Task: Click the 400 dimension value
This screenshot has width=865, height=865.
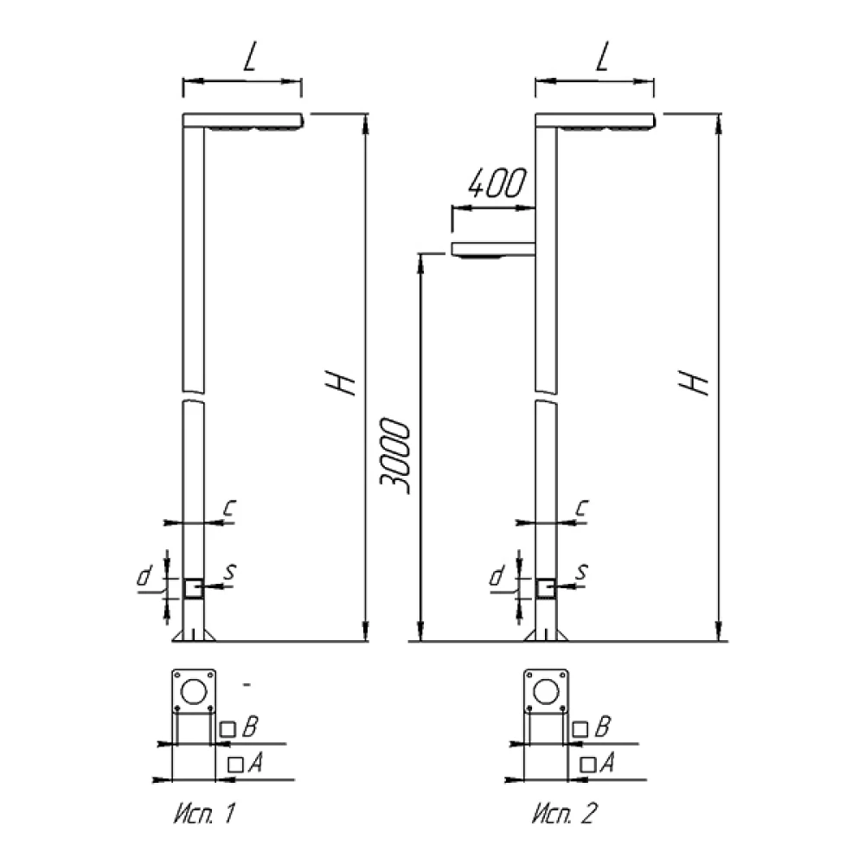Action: click(497, 183)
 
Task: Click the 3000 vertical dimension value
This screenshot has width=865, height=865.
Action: click(395, 457)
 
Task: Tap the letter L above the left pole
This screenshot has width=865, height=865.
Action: click(250, 57)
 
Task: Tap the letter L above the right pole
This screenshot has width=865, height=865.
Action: click(602, 57)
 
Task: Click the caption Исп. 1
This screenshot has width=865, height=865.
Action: click(205, 813)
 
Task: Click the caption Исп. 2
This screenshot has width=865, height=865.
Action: click(564, 813)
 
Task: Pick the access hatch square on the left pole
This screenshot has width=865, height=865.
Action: click(193, 588)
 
